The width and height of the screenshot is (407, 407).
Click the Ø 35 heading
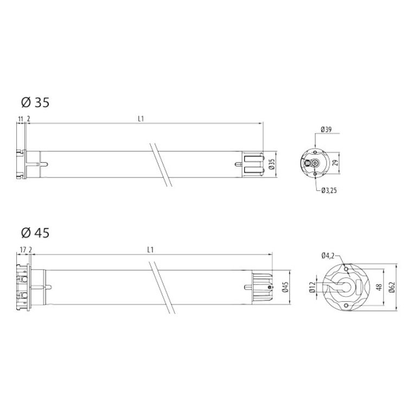(35, 102)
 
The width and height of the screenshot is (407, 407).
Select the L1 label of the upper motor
(141, 119)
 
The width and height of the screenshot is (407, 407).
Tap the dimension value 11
(20, 119)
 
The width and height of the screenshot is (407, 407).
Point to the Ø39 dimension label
(326, 130)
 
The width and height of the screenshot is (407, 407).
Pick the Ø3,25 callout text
(329, 190)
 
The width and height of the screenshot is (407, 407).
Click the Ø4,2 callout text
(327, 255)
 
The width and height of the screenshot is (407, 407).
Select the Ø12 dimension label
(313, 288)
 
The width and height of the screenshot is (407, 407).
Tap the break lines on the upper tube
(161, 164)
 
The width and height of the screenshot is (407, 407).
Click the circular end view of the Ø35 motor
(314, 163)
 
